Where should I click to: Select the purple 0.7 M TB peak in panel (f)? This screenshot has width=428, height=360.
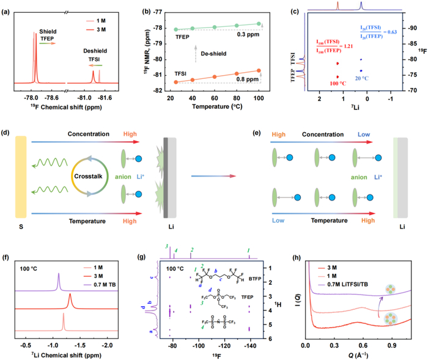59,282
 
